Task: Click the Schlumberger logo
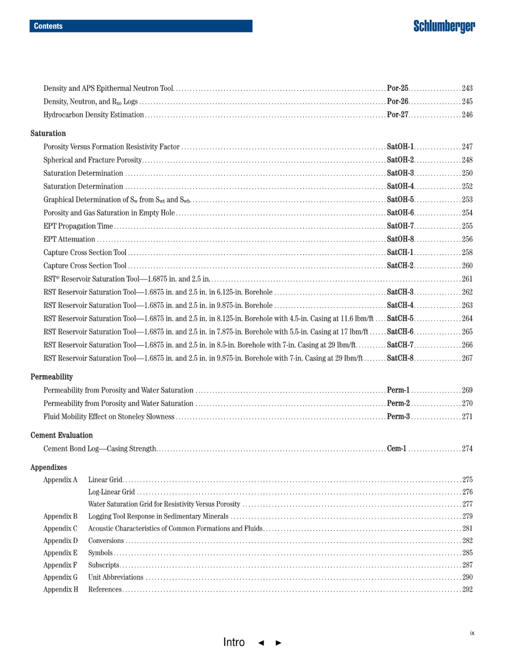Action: click(444, 26)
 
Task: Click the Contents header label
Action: click(48, 26)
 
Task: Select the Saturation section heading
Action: click(48, 133)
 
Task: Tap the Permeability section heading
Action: click(51, 377)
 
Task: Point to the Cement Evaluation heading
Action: click(62, 435)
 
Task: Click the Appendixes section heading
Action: click(49, 467)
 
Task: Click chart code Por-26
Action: click(397, 102)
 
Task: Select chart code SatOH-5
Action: click(400, 199)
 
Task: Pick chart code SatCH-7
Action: click(400, 345)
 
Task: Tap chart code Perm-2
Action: click(398, 404)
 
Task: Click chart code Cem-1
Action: click(397, 448)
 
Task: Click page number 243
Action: click(467, 88)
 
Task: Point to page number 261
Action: click(467, 279)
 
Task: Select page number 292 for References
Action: click(467, 589)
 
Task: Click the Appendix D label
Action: click(60, 541)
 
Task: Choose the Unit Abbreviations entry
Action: click(115, 577)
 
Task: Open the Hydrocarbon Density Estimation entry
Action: click(94, 115)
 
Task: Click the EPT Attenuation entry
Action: click(69, 239)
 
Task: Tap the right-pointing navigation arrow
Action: click(279, 643)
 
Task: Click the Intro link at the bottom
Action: click(234, 642)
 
